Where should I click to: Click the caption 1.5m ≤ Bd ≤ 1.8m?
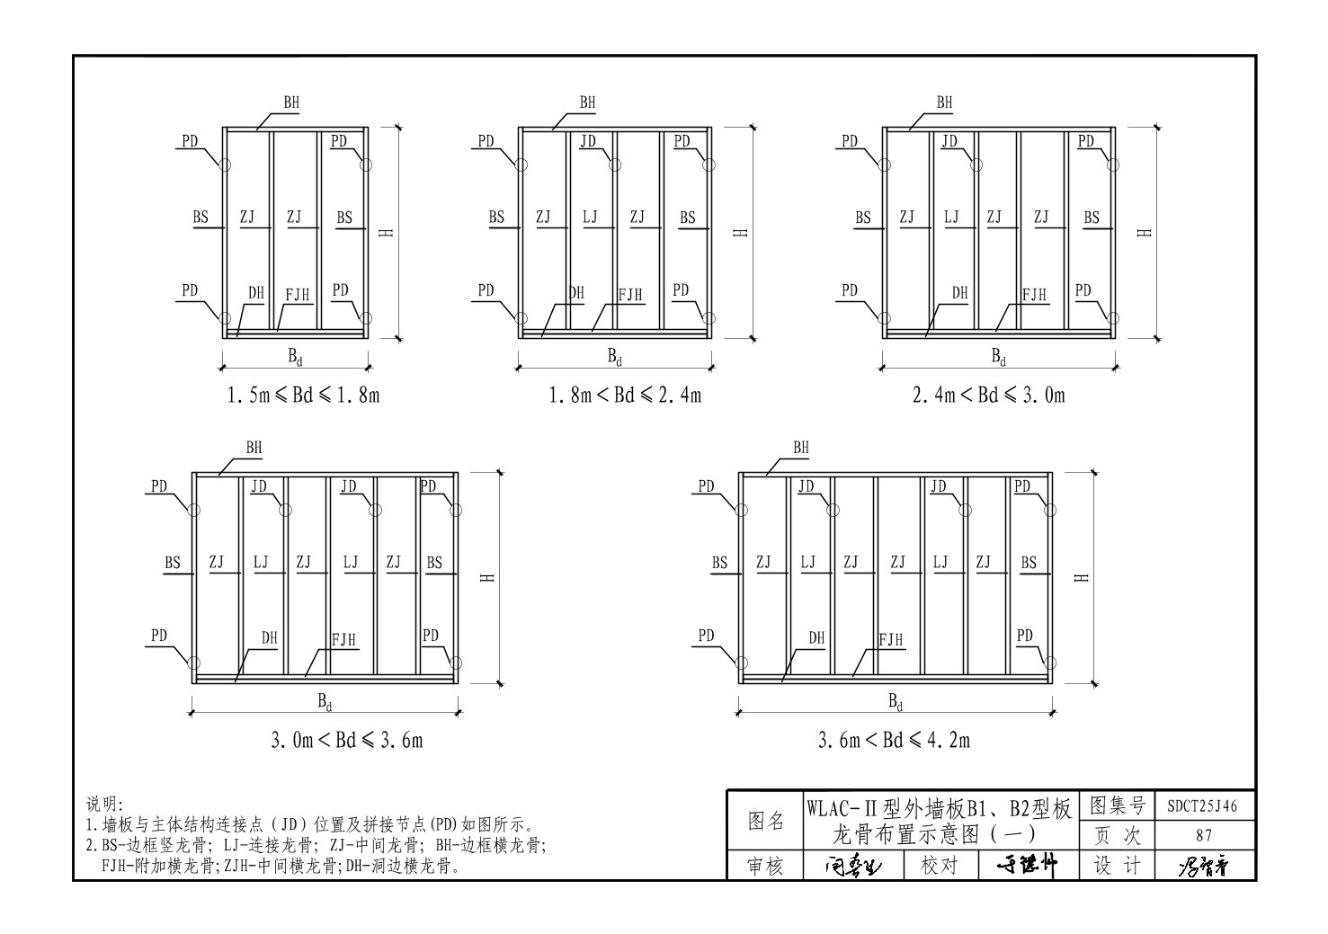pos(303,395)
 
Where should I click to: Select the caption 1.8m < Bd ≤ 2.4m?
pos(625,395)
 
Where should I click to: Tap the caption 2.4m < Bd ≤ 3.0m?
pos(988,395)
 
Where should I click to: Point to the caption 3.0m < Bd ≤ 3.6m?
pos(347,740)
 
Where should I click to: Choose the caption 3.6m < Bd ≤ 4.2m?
pos(894,740)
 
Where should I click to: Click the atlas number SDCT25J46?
pos(1202,806)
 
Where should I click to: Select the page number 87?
pos(1202,836)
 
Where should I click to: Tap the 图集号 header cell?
pos(1117,805)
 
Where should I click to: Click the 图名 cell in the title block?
pos(766,821)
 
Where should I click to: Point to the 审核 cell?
pos(766,866)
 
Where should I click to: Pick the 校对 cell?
pos(940,866)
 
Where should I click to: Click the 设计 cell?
pos(1117,866)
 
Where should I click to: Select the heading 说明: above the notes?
pos(104,804)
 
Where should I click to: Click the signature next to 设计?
pos(1202,867)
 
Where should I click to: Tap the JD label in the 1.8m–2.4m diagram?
pos(588,141)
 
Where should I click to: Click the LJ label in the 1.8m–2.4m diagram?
pos(590,218)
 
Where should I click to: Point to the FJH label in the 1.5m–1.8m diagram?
pos(298,295)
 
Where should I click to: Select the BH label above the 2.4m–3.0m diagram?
pos(944,103)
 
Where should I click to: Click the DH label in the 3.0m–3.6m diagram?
pos(270,638)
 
